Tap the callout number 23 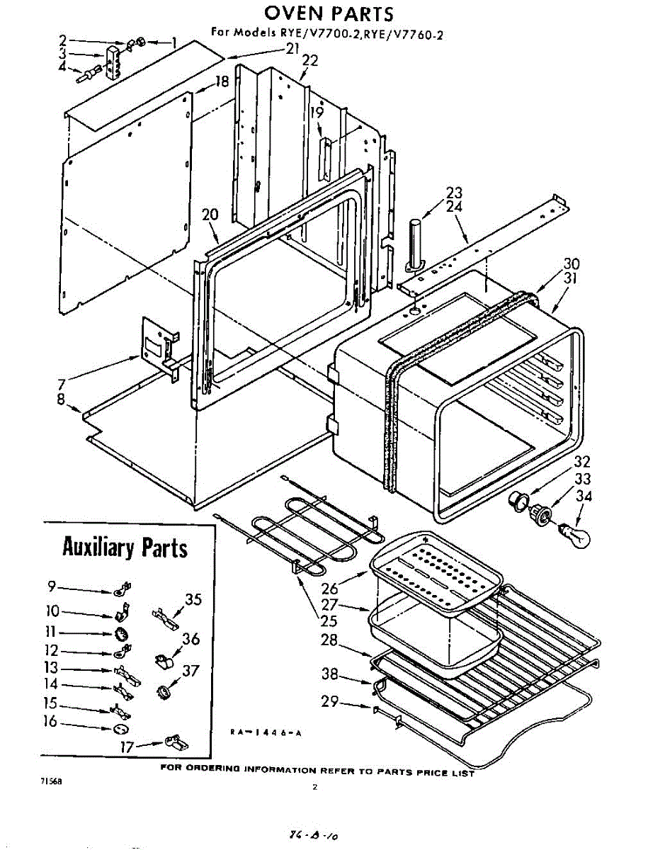click(x=454, y=193)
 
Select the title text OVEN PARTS click(x=329, y=13)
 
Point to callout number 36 click(x=190, y=639)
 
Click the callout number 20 click(x=209, y=215)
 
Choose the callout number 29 click(x=328, y=702)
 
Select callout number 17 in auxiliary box click(x=127, y=745)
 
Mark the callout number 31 click(x=571, y=279)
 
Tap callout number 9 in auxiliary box click(x=51, y=586)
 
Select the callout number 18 click(x=222, y=82)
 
